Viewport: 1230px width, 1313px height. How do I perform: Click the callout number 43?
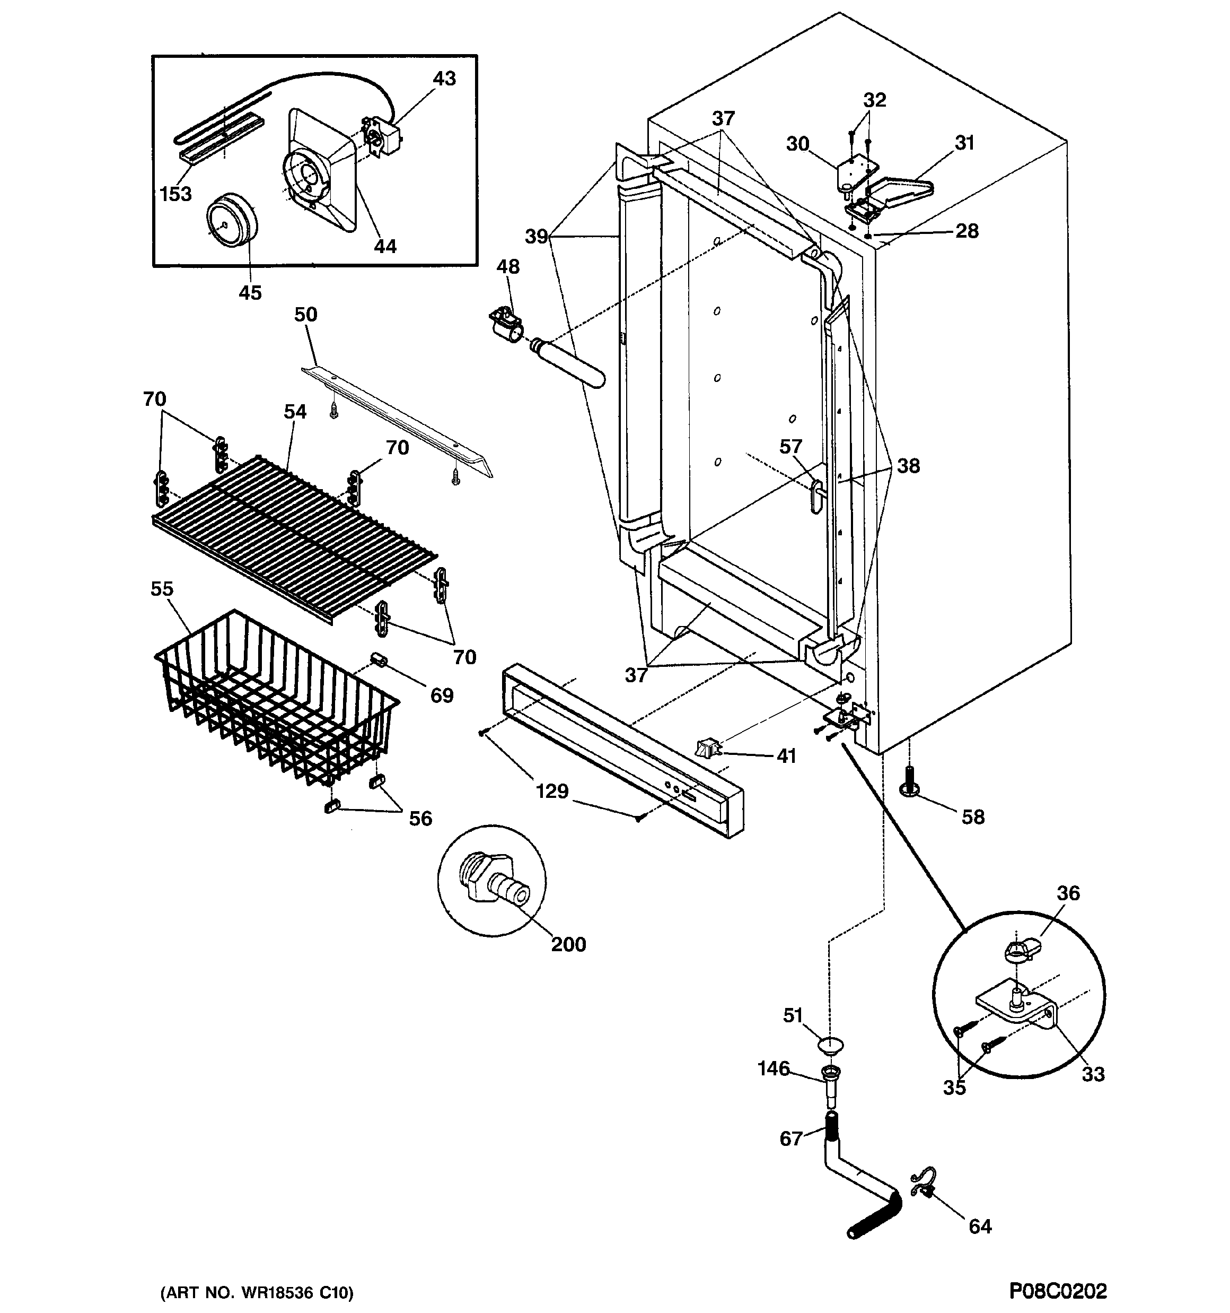click(444, 79)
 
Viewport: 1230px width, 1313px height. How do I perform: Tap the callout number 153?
click(175, 194)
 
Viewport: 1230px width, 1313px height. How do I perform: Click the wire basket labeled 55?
click(277, 700)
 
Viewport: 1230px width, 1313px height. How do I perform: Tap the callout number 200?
click(568, 944)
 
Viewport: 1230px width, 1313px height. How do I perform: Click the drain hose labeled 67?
click(858, 1182)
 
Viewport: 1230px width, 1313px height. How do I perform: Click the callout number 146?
click(774, 1068)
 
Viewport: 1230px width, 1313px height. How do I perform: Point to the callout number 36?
click(1068, 893)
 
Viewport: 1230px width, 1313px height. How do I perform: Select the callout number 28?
click(967, 231)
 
